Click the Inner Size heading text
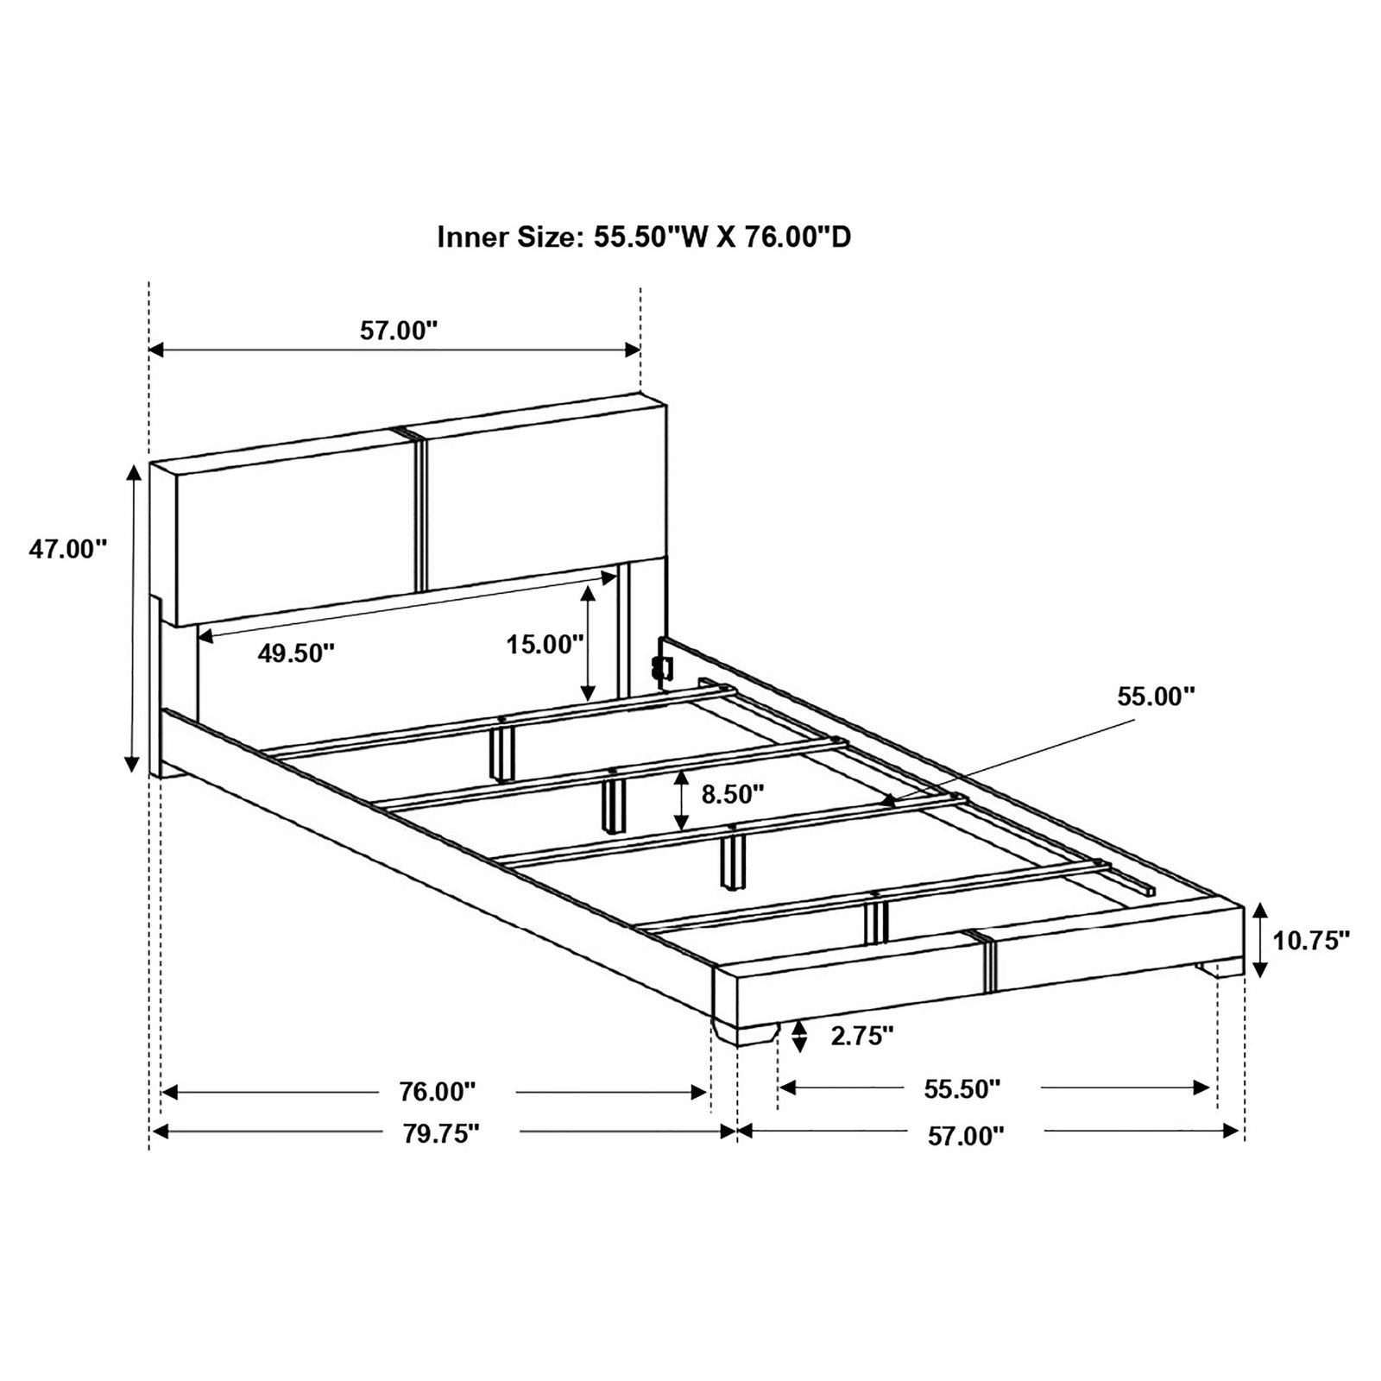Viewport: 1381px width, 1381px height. click(x=644, y=236)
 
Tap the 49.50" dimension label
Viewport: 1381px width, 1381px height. click(x=296, y=653)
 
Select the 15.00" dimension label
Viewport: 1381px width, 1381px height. click(x=546, y=644)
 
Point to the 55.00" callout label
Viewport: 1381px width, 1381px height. click(x=1157, y=697)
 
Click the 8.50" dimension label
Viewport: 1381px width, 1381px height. click(x=733, y=794)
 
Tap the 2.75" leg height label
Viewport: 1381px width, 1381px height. click(x=862, y=1036)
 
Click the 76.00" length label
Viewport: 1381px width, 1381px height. click(x=438, y=1092)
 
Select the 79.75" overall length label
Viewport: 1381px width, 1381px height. click(x=440, y=1133)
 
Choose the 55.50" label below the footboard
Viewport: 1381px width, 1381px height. click(x=962, y=1089)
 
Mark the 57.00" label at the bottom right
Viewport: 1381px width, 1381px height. click(x=967, y=1136)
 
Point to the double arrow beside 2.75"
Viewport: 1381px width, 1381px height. click(x=799, y=1036)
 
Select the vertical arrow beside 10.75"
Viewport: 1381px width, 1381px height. click(x=1260, y=940)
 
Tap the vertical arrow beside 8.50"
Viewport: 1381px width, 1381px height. click(x=683, y=798)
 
